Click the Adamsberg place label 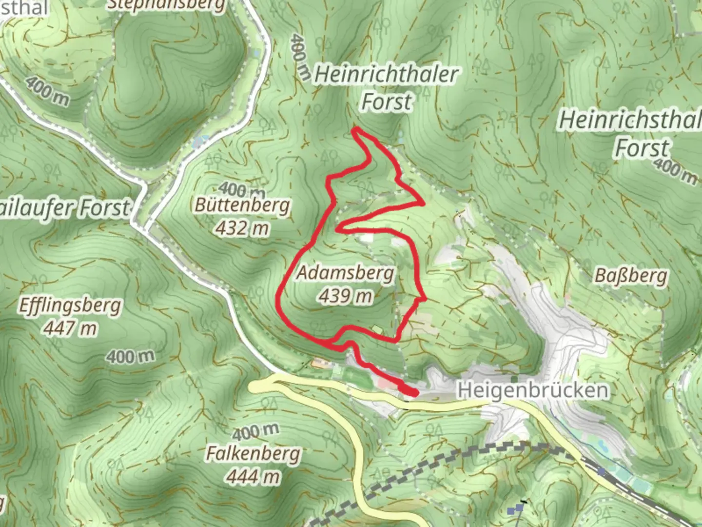(x=345, y=273)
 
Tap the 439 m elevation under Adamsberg (x=345, y=296)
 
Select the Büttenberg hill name (x=242, y=205)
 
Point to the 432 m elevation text (x=242, y=228)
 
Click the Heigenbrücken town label (x=533, y=390)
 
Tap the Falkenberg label (x=253, y=454)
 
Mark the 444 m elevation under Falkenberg (x=253, y=476)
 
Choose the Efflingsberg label (x=70, y=306)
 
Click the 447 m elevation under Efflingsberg (x=70, y=328)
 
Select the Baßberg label (x=630, y=277)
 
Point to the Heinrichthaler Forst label (x=386, y=88)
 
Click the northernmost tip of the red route (x=355, y=129)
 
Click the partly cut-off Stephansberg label (x=166, y=5)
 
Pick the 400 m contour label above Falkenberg (x=255, y=431)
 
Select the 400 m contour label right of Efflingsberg (x=130, y=356)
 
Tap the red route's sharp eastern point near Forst (x=423, y=203)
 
